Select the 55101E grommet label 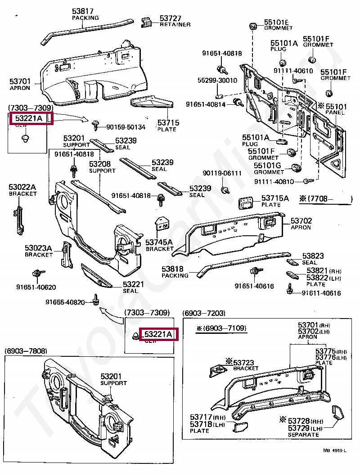coord(276,22)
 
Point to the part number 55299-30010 coord(217,81)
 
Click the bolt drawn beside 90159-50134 coord(96,124)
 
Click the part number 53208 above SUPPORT coord(100,164)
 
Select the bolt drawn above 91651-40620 coord(36,274)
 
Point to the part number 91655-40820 coord(65,302)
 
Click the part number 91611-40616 coord(321,293)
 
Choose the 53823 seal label coord(313,256)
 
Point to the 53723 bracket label coord(243,362)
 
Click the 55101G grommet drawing coord(296,168)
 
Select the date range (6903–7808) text coord(26,350)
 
